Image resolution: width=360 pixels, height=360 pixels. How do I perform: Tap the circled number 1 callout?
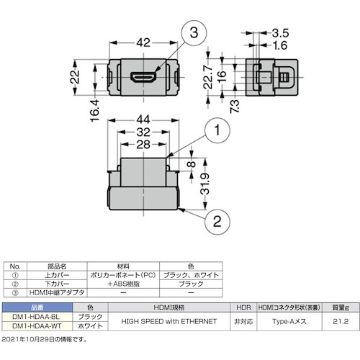pos(217,130)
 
